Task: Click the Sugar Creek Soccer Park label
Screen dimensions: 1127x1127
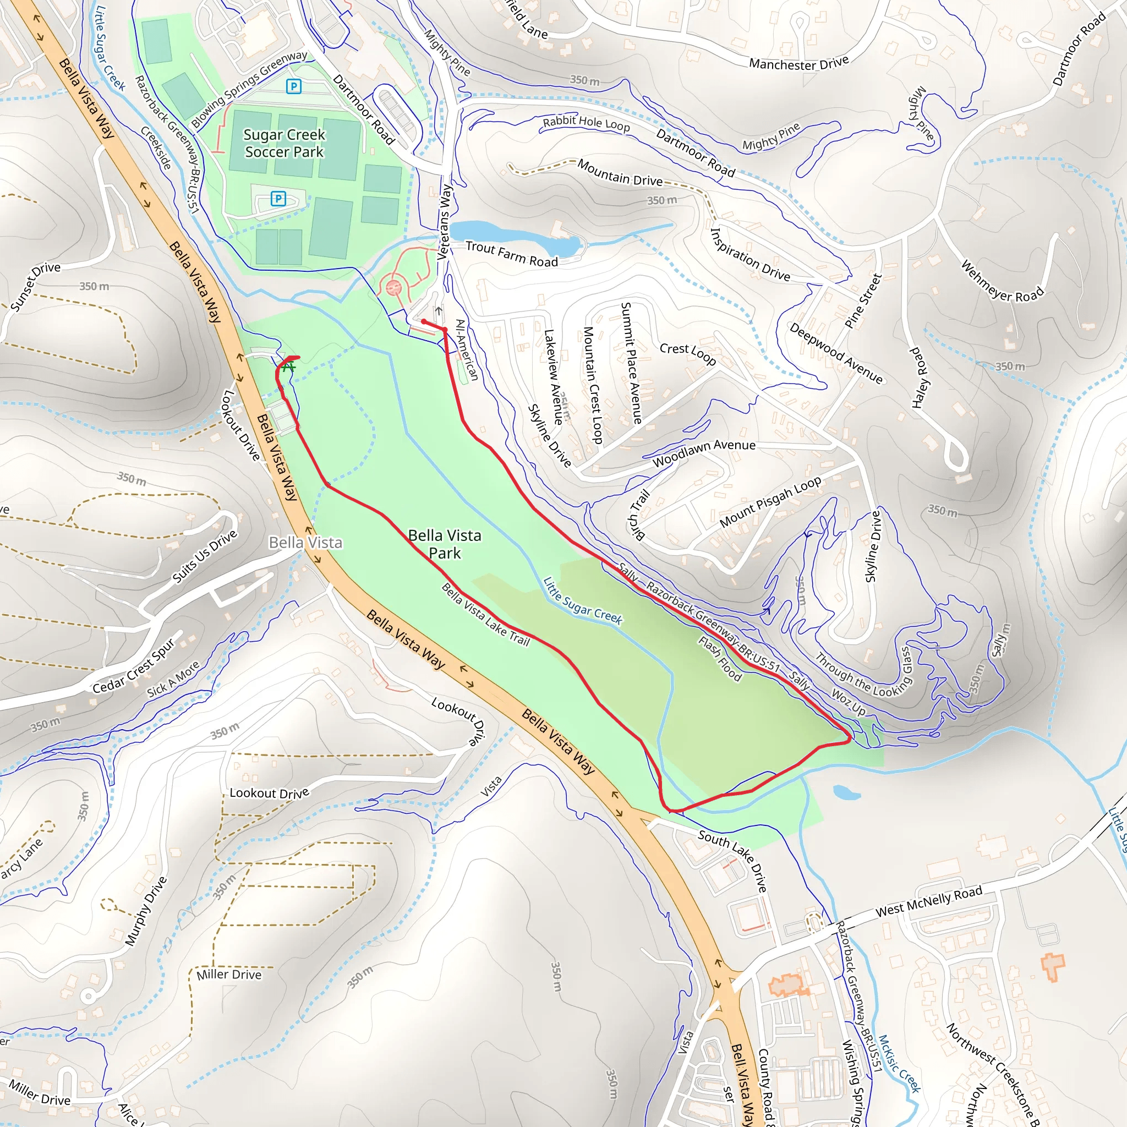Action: click(x=284, y=143)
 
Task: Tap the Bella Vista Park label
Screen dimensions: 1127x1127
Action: click(x=445, y=544)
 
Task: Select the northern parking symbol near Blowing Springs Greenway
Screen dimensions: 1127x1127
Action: click(x=293, y=87)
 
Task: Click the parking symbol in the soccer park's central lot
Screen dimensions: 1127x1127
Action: click(x=278, y=199)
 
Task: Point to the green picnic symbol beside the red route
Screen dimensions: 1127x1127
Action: click(x=288, y=367)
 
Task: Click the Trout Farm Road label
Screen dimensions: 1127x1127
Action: click(x=512, y=254)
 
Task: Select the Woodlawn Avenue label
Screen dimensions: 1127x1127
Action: click(x=704, y=453)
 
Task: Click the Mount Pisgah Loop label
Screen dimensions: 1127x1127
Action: click(x=770, y=502)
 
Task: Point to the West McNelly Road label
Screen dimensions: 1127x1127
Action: click(x=929, y=901)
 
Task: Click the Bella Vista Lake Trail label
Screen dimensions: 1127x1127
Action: click(x=485, y=614)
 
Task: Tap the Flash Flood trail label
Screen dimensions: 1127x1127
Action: click(x=720, y=659)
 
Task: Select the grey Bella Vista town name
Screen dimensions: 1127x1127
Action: click(x=305, y=543)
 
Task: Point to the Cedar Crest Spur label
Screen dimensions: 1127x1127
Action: click(x=134, y=666)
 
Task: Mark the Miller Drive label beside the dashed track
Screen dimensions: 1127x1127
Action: click(x=229, y=974)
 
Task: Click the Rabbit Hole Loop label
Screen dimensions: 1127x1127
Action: click(x=586, y=124)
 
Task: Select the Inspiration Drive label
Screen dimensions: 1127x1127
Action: click(x=749, y=255)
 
